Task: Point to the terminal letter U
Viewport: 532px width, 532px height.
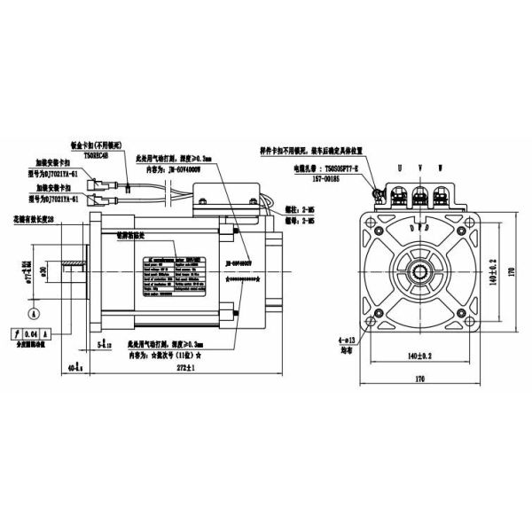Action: [x=398, y=166]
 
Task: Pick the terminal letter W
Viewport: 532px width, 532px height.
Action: [x=441, y=166]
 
